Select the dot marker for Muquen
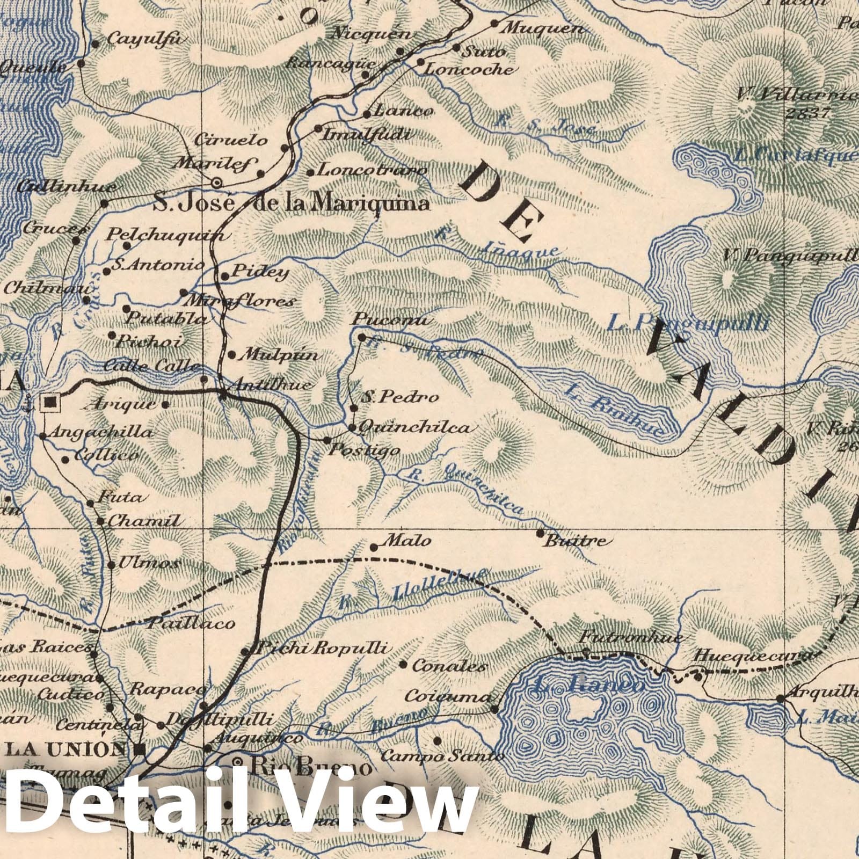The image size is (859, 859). click(494, 24)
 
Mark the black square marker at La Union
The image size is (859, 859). click(141, 749)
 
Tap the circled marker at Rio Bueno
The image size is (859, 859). click(238, 761)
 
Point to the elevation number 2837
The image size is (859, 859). click(807, 113)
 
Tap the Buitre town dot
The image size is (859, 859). click(540, 533)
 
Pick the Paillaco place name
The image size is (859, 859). click(191, 623)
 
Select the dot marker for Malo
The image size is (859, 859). click(374, 548)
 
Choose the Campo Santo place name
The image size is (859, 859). click(442, 756)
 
